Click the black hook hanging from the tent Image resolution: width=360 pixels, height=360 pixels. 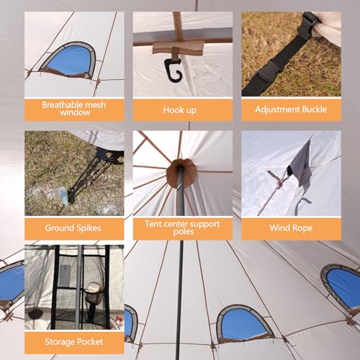171,68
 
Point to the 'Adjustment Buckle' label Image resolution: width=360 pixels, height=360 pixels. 290,109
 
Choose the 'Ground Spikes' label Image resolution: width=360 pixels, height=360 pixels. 74,228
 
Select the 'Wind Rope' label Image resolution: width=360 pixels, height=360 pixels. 290,228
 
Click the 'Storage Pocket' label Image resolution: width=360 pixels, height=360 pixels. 74,341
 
